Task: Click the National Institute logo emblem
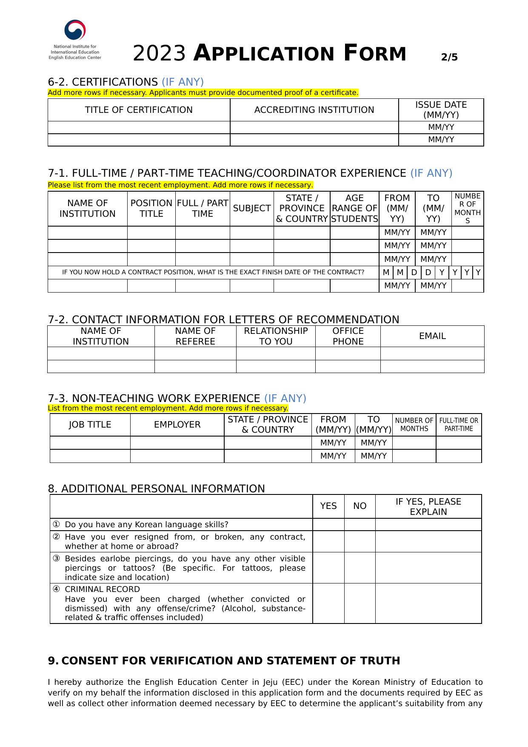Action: pyautogui.click(x=75, y=31)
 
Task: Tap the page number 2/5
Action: pyautogui.click(x=449, y=57)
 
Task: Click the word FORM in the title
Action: pyautogui.click(x=375, y=53)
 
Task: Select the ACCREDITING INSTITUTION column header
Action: pyautogui.click(x=314, y=110)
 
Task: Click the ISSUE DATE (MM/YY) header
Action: pyautogui.click(x=441, y=110)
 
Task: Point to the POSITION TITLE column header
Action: pyautogui.click(x=151, y=208)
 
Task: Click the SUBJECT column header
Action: pyautogui.click(x=251, y=208)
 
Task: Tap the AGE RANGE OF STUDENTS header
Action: pyautogui.click(x=354, y=208)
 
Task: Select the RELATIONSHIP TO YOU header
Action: pyautogui.click(x=276, y=336)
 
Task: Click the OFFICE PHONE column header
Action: pyautogui.click(x=348, y=336)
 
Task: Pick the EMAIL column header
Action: pyautogui.click(x=432, y=336)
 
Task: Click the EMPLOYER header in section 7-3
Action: pyautogui.click(x=177, y=425)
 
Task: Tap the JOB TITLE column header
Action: pyautogui.click(x=90, y=425)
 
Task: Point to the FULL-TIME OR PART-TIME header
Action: pyautogui.click(x=459, y=425)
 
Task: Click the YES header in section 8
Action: pyautogui.click(x=328, y=506)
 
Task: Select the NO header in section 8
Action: pyautogui.click(x=360, y=506)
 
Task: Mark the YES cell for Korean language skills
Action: pyautogui.click(x=328, y=524)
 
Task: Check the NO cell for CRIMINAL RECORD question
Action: pyautogui.click(x=360, y=603)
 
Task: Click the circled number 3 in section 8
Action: pyautogui.click(x=56, y=558)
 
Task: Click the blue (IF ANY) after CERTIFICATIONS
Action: pyautogui.click(x=183, y=82)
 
